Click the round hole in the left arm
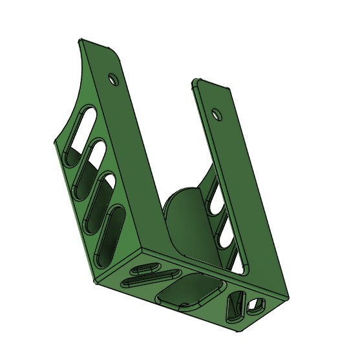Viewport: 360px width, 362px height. tap(114, 80)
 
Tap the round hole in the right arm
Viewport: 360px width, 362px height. tap(218, 114)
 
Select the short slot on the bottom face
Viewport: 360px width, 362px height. tap(143, 269)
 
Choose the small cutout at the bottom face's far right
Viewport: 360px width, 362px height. tap(256, 303)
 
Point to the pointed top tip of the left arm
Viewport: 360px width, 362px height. tap(81, 41)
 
